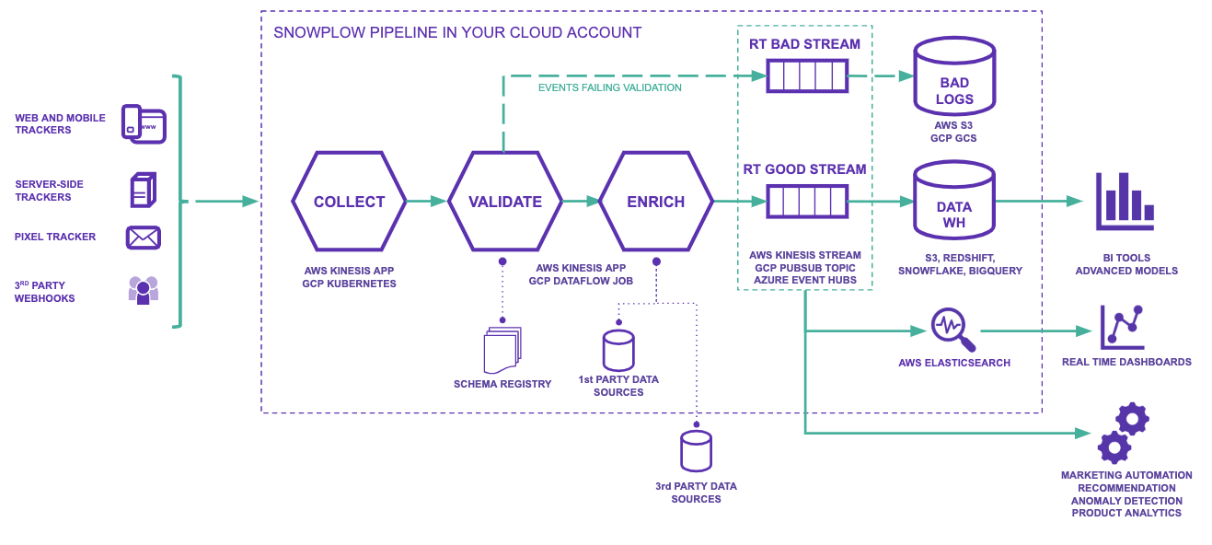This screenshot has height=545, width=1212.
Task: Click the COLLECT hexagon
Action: pyautogui.click(x=349, y=202)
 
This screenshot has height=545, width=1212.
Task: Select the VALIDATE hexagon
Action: pyautogui.click(x=504, y=202)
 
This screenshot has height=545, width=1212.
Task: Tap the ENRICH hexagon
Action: pyautogui.click(x=655, y=202)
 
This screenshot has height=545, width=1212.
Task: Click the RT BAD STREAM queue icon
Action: pyautogui.click(x=807, y=75)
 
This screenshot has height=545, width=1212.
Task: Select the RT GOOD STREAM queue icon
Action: pyautogui.click(x=807, y=201)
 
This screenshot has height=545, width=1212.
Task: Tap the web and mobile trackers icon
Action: pyautogui.click(x=144, y=124)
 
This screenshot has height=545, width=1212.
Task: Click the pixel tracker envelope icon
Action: pyautogui.click(x=144, y=238)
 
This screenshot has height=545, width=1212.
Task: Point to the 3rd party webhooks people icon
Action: pyautogui.click(x=144, y=290)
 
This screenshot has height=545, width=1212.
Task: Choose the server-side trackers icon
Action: pyautogui.click(x=143, y=190)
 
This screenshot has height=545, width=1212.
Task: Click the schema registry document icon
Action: pyautogui.click(x=502, y=351)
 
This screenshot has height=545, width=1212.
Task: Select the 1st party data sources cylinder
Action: pyautogui.click(x=618, y=350)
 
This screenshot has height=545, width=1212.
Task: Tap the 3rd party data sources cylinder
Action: pyautogui.click(x=696, y=451)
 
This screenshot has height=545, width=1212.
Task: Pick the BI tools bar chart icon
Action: pyautogui.click(x=1125, y=202)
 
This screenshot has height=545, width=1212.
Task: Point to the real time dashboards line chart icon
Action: pyautogui.click(x=1123, y=328)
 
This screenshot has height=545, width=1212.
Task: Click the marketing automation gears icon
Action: pyautogui.click(x=1124, y=433)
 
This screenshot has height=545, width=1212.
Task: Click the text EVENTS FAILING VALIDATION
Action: pyautogui.click(x=609, y=88)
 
